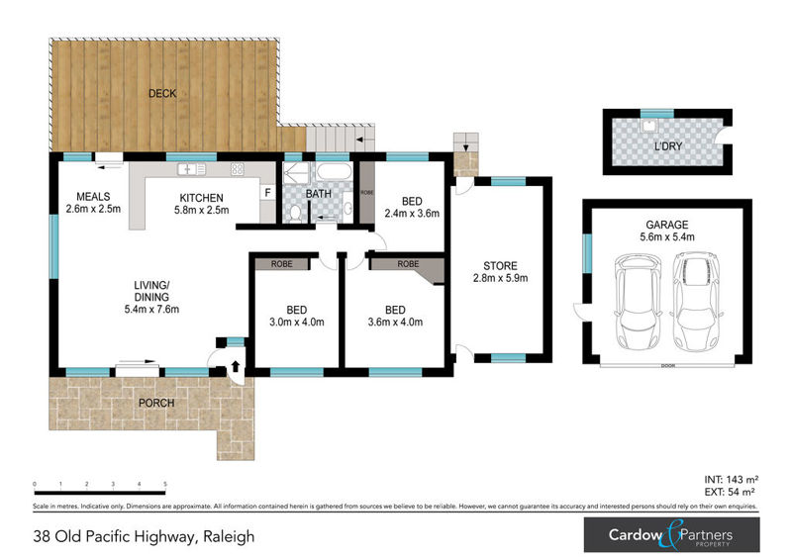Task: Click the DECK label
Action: click(x=161, y=94)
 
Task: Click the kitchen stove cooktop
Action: click(x=238, y=168)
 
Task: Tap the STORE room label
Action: click(x=498, y=265)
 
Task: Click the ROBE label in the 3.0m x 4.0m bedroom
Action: click(x=277, y=265)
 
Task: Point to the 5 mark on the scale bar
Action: click(x=165, y=484)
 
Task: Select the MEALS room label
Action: click(x=92, y=196)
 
